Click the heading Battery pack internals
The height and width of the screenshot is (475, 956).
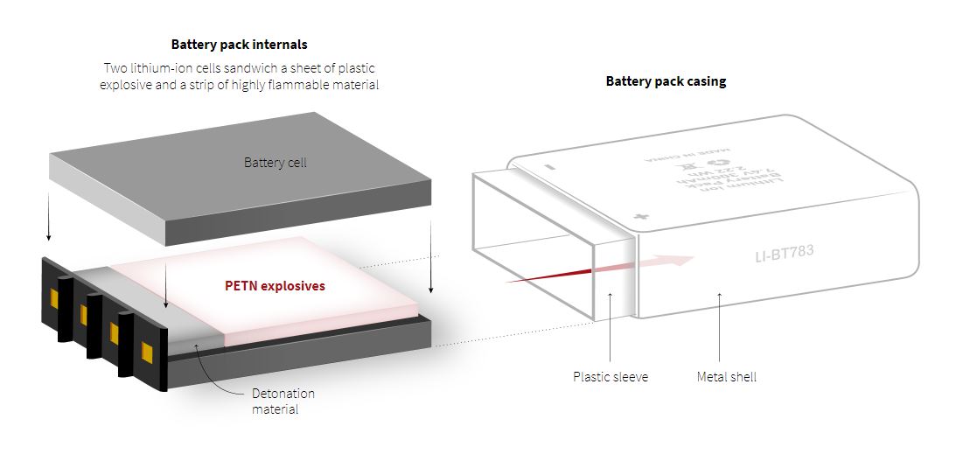tap(239, 44)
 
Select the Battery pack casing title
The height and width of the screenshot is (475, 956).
tap(666, 81)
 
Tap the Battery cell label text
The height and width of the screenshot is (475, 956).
tap(275, 163)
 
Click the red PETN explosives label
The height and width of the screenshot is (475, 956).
tap(276, 286)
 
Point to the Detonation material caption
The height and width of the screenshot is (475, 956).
tap(283, 401)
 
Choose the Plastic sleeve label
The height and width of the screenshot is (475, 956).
tap(611, 377)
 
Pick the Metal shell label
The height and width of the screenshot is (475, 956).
tap(726, 377)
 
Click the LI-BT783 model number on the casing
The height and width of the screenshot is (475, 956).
tap(784, 254)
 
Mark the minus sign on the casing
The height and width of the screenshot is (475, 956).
tap(552, 164)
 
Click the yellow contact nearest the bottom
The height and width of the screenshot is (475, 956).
tap(146, 353)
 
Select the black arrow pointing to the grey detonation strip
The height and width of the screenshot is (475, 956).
tap(165, 289)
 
